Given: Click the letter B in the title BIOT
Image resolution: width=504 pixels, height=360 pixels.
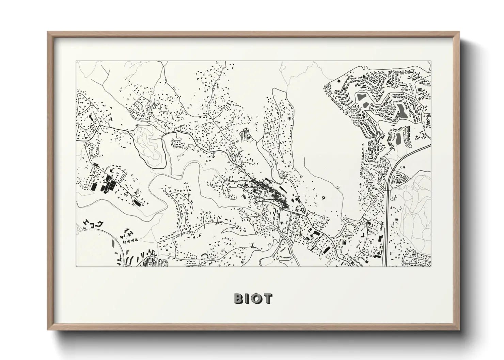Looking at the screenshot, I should [238, 298].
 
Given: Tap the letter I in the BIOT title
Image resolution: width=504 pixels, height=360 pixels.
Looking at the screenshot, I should [247, 298].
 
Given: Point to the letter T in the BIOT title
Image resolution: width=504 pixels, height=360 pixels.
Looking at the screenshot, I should [268, 298].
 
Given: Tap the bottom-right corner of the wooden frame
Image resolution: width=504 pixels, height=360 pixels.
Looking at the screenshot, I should [459, 329].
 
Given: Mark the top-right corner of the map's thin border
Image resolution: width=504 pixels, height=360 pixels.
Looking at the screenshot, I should [431, 61].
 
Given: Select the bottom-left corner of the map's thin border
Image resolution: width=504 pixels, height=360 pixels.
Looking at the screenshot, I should [76, 266].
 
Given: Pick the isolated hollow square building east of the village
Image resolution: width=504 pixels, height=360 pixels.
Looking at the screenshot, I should [323, 197].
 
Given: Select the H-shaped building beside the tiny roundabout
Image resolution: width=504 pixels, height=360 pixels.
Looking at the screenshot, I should [86, 223].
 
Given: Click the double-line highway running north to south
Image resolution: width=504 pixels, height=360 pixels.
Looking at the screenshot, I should [387, 211].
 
